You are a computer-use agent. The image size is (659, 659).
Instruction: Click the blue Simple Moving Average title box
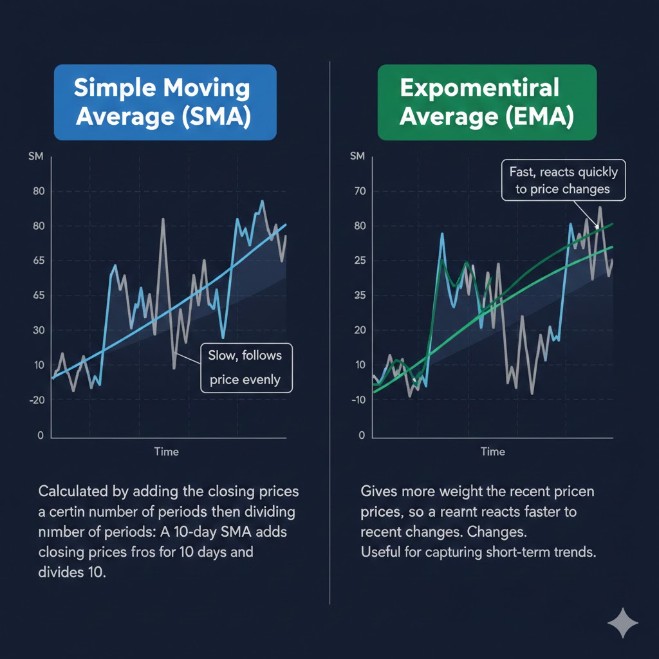[165, 102]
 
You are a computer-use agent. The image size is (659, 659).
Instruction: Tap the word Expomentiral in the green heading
[479, 87]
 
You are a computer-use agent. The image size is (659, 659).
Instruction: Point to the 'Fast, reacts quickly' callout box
[563, 180]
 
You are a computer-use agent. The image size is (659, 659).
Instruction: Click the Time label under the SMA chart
[166, 451]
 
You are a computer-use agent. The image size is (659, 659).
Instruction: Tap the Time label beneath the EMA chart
[493, 451]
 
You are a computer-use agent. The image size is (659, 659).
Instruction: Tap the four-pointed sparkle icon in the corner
[623, 622]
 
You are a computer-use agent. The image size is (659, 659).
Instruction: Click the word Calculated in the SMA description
[77, 491]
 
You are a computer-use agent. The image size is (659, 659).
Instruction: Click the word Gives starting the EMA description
[379, 491]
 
